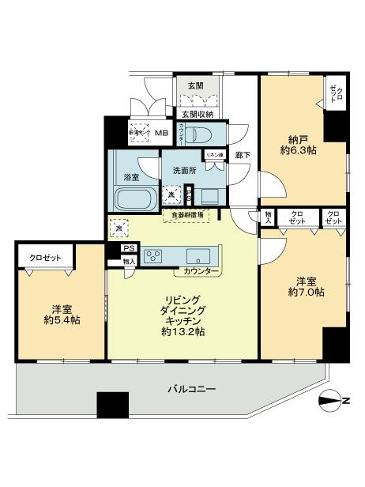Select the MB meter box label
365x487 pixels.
click(x=161, y=134)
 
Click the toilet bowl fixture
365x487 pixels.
click(x=204, y=134)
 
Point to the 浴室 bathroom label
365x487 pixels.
click(x=131, y=178)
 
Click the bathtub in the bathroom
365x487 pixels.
click(x=134, y=198)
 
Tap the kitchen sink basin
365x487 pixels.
click(x=197, y=256)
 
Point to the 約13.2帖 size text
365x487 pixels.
click(x=184, y=332)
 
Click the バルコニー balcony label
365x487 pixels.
click(x=193, y=389)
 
